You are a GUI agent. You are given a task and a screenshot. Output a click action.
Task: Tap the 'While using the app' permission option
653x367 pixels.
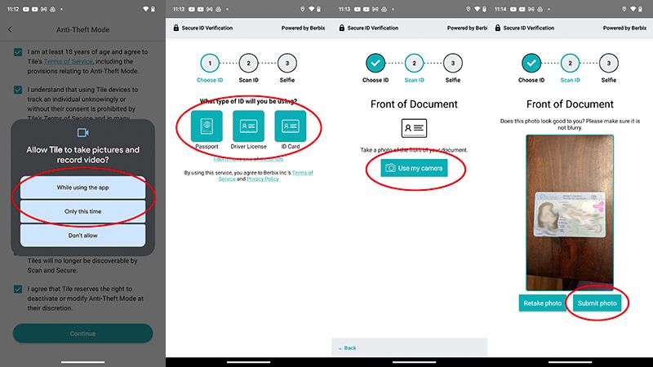(82, 188)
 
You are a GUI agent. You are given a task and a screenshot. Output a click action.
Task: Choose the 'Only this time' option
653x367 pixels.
(82, 212)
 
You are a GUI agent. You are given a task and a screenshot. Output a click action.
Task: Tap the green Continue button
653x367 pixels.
(82, 333)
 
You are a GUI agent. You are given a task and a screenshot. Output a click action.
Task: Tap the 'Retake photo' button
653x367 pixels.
(542, 303)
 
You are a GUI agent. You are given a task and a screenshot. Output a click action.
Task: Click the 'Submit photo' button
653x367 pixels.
(598, 303)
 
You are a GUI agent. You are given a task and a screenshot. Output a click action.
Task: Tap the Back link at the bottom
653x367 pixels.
(349, 348)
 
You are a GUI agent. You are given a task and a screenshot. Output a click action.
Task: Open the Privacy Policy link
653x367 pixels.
(262, 179)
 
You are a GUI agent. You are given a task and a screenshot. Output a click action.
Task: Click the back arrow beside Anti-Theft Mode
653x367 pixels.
(10, 30)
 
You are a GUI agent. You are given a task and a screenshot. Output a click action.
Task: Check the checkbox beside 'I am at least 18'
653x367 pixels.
(18, 52)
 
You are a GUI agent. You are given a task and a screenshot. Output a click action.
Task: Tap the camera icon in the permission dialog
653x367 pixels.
(82, 132)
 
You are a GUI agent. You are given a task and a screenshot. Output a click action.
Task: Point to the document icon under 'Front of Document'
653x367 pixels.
(413, 129)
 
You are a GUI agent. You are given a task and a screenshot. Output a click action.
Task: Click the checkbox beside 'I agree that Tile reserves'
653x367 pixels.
(18, 290)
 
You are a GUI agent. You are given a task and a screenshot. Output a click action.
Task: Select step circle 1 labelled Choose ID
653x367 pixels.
(210, 63)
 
